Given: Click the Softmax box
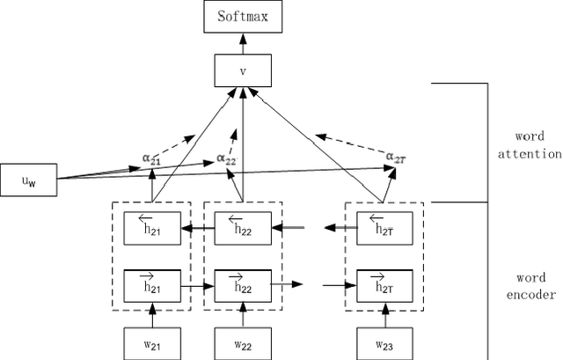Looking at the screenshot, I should (242, 17).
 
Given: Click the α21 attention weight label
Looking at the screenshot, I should (152, 158).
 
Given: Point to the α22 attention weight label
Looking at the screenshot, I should (227, 160).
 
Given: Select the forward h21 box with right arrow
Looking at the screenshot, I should (152, 284).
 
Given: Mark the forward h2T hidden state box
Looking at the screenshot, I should (384, 284).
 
